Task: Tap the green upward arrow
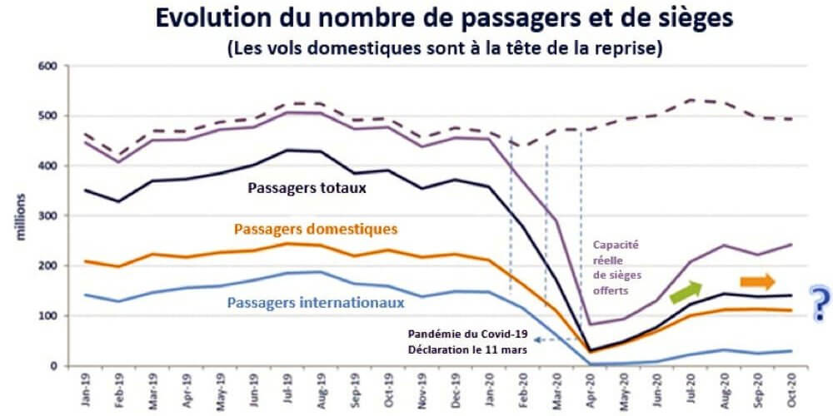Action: pos(685,290)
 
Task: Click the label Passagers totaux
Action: pos(307,188)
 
